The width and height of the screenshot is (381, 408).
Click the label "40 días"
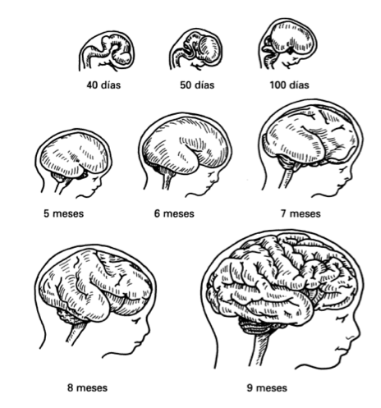(103, 85)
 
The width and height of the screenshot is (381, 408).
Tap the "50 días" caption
(197, 85)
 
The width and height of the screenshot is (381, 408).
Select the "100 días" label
(289, 85)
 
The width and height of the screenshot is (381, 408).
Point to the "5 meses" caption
(63, 213)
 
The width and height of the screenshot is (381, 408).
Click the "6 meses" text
(174, 213)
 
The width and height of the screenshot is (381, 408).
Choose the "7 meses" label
(301, 213)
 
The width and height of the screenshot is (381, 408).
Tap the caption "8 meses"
(87, 387)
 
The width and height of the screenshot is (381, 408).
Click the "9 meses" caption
(267, 387)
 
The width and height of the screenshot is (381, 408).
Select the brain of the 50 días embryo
(204, 48)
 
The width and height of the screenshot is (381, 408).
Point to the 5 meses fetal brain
(75, 154)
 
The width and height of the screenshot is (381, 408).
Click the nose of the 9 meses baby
(357, 334)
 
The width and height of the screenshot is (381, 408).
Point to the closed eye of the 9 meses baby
(341, 319)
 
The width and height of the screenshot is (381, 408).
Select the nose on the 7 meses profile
(349, 178)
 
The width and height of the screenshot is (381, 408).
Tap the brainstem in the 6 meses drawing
(168, 178)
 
